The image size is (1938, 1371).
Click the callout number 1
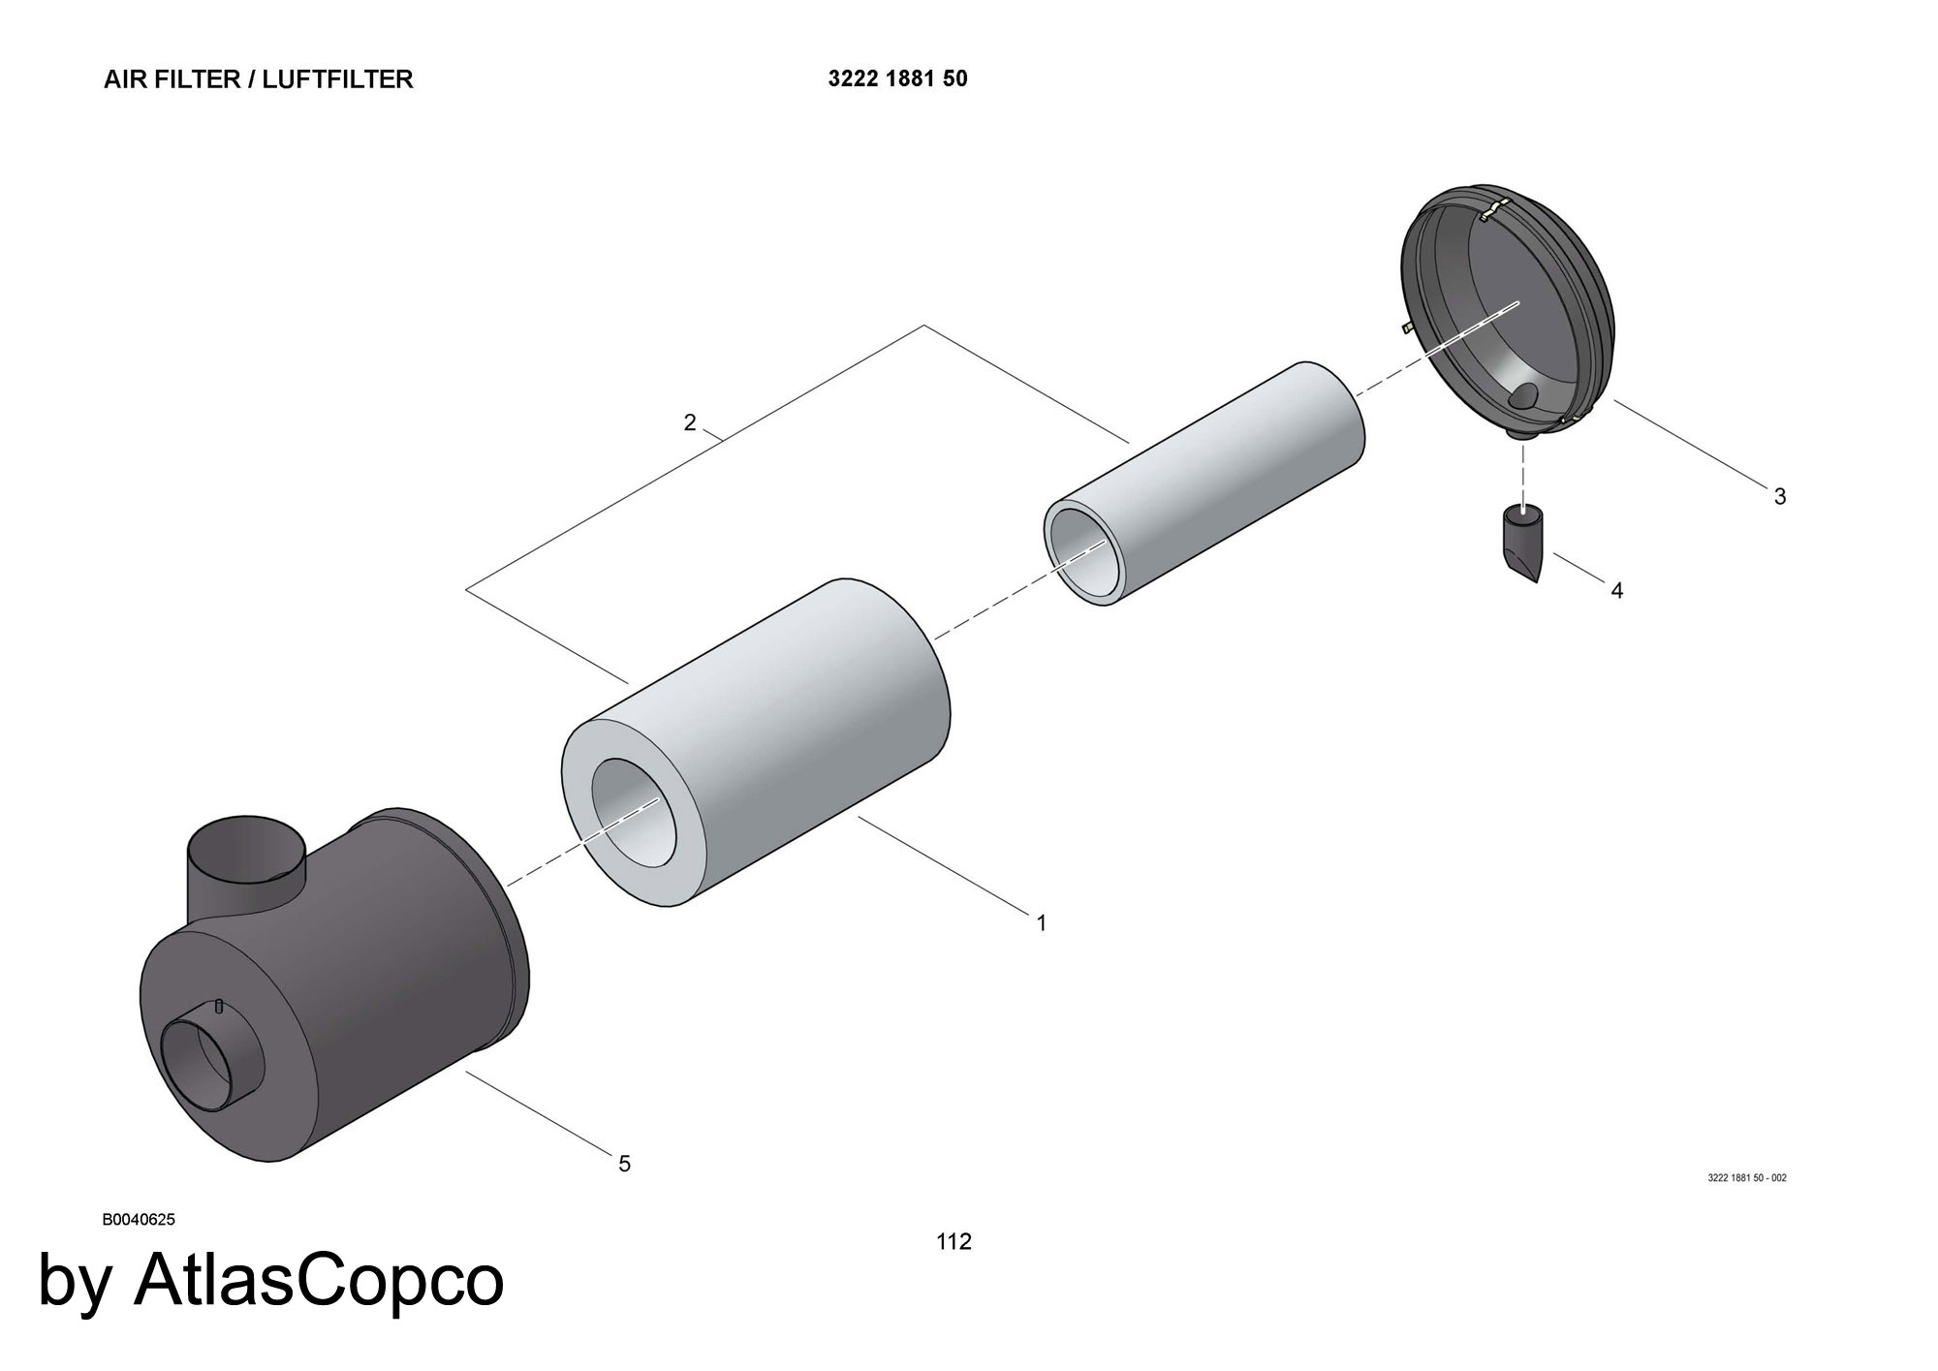point(1042,923)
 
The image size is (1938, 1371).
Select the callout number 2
point(690,423)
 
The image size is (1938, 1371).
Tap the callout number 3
point(1780,497)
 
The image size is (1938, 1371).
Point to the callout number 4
point(1617,590)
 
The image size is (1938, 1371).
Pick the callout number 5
point(625,1164)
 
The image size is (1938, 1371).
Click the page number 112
point(953,1241)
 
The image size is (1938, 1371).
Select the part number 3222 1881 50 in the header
point(897,79)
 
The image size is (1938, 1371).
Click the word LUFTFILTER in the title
point(337,79)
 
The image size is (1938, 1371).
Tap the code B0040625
point(139,1220)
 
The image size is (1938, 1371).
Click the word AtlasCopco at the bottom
point(319,1281)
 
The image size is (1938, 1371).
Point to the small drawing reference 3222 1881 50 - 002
point(1746,1178)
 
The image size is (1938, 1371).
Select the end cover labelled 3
point(1512,310)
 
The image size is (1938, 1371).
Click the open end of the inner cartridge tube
point(1086,550)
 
